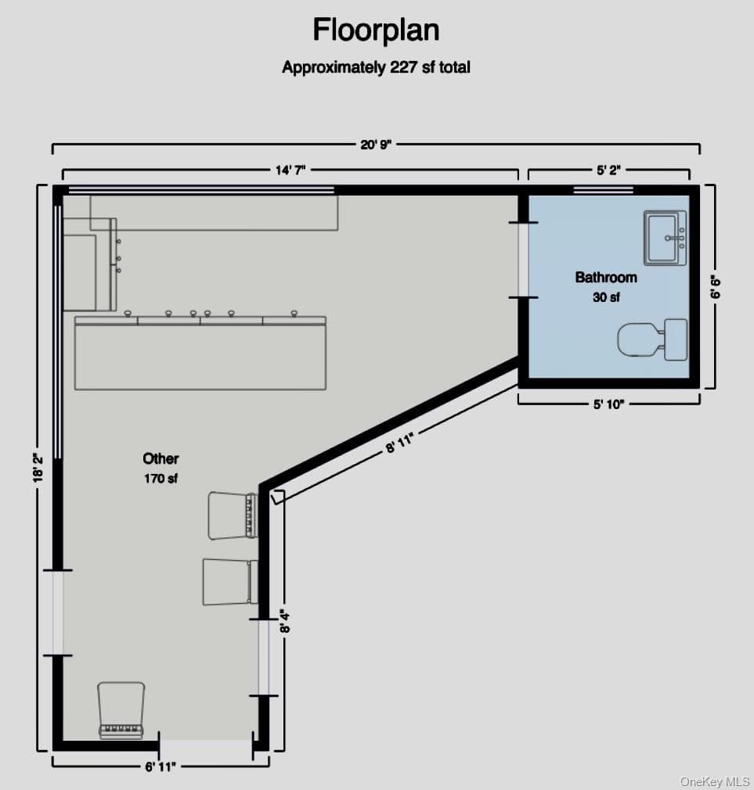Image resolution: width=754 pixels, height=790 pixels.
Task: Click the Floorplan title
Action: tap(376, 31)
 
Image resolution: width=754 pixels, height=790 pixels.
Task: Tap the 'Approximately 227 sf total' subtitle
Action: tap(376, 67)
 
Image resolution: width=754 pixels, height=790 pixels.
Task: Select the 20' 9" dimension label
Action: tap(376, 145)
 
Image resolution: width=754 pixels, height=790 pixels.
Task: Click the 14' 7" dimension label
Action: tap(290, 171)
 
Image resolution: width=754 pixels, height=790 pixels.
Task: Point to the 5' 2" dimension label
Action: tap(608, 171)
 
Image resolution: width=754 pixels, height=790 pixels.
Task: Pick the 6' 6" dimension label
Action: tap(715, 287)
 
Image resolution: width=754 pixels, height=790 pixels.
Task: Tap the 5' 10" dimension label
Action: tap(608, 404)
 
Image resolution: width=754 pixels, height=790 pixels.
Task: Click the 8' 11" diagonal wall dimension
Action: tap(399, 443)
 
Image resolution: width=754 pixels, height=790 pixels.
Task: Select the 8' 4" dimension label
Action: tap(285, 622)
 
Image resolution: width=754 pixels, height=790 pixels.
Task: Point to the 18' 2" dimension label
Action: tap(38, 468)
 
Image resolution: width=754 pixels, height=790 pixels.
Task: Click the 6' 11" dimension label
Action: tap(161, 767)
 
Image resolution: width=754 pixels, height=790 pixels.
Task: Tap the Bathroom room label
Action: tap(606, 277)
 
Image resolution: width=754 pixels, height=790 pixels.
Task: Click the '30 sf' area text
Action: tap(606, 297)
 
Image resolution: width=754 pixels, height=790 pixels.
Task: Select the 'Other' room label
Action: tap(161, 458)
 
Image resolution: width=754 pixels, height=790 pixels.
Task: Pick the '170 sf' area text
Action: tap(161, 478)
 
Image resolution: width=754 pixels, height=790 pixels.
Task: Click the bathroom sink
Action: tap(665, 238)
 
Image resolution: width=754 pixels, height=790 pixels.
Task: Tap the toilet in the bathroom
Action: tap(652, 339)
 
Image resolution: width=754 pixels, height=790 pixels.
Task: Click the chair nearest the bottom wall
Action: tap(121, 710)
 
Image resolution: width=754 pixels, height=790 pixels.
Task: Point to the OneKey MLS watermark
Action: tap(714, 781)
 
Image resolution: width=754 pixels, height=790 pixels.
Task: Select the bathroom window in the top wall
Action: tap(603, 190)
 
